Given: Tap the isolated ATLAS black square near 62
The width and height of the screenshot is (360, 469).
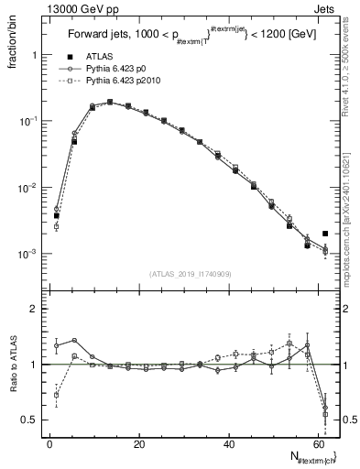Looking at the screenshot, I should point(325,234).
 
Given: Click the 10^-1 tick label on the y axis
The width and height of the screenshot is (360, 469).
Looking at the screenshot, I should point(27,121).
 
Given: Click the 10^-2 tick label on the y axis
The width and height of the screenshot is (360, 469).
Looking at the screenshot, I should point(27,187).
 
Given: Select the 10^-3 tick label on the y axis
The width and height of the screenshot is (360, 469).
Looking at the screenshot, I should point(27,254).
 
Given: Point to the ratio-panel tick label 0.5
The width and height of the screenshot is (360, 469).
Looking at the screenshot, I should point(29,420).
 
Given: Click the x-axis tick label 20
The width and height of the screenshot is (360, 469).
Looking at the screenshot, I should point(139,444).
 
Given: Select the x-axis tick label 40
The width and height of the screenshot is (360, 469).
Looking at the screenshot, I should point(229,444).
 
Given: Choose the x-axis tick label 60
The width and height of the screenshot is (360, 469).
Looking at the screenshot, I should point(318,444).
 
